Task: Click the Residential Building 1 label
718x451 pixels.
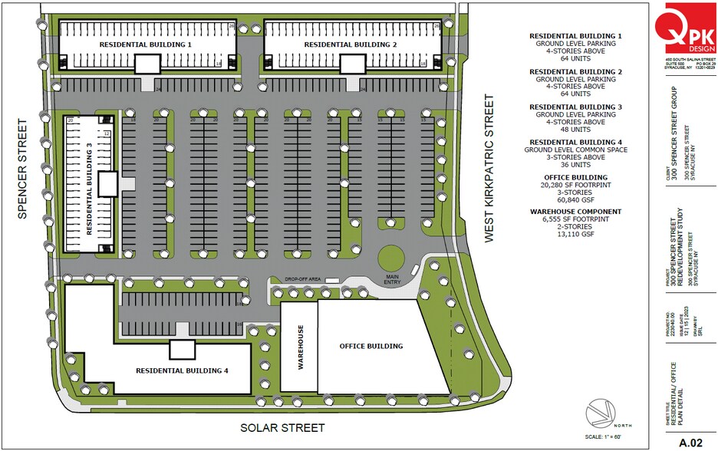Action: click(145, 45)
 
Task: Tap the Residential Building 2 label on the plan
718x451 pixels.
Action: click(350, 45)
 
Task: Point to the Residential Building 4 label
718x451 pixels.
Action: click(182, 370)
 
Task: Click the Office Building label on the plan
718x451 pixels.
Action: click(371, 346)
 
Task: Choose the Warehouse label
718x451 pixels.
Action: click(301, 347)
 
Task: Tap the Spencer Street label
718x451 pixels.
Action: click(22, 169)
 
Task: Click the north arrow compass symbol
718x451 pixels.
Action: click(601, 414)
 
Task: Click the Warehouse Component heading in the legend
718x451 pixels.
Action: click(575, 212)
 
